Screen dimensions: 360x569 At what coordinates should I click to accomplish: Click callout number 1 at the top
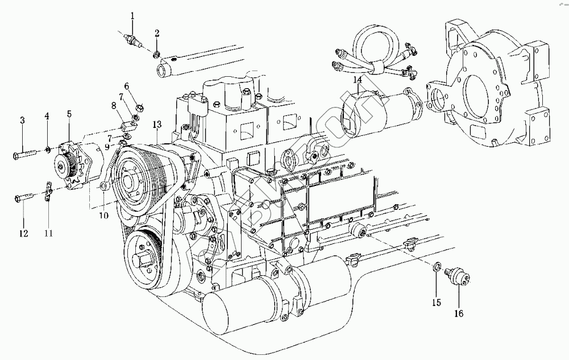point(132,16)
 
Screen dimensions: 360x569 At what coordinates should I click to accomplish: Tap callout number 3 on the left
point(22,120)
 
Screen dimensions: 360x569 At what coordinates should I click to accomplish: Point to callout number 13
point(157,125)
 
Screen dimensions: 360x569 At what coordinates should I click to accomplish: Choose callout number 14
point(357,80)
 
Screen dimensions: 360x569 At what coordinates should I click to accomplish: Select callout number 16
point(459,313)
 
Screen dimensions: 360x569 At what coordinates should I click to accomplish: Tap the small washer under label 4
point(48,150)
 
